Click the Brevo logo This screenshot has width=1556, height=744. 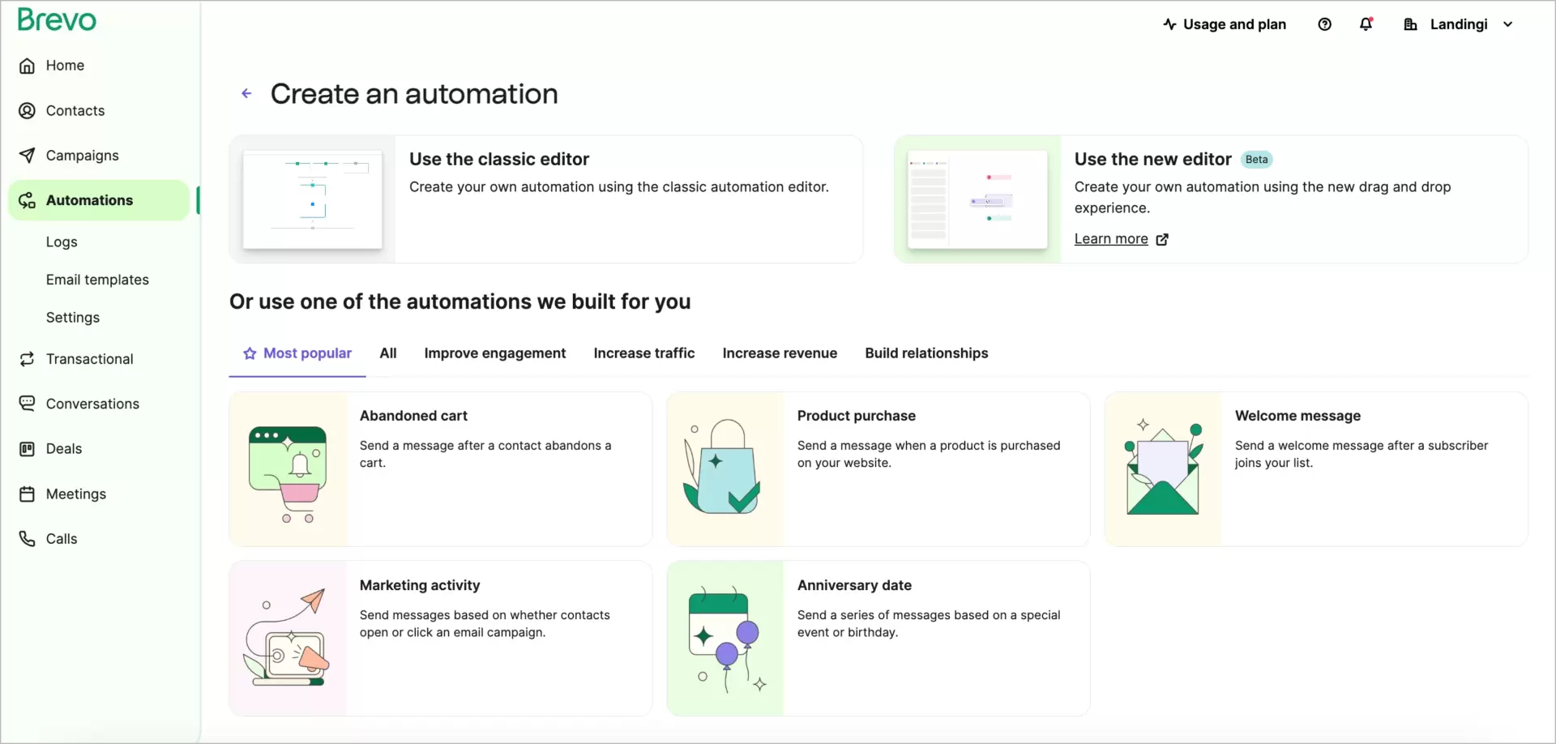[x=57, y=19]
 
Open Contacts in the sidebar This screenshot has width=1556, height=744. [x=75, y=110]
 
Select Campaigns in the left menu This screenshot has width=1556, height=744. [x=82, y=156]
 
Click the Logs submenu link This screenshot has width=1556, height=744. [x=62, y=242]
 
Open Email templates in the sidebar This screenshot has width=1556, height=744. [x=97, y=280]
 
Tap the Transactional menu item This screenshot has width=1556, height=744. [x=89, y=359]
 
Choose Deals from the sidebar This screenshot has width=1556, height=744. [x=63, y=449]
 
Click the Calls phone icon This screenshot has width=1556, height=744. [x=28, y=539]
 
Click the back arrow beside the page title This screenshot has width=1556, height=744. [x=246, y=94]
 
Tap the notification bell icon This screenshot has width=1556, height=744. [x=1366, y=24]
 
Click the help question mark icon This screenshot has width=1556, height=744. [x=1324, y=24]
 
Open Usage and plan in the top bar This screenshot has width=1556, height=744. [x=1225, y=24]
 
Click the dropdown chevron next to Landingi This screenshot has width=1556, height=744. [x=1507, y=24]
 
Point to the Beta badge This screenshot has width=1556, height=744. [x=1256, y=160]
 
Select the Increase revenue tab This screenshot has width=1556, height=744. [x=780, y=353]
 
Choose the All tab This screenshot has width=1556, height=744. [x=388, y=353]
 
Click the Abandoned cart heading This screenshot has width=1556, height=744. [x=413, y=416]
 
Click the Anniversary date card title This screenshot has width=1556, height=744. [x=854, y=585]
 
